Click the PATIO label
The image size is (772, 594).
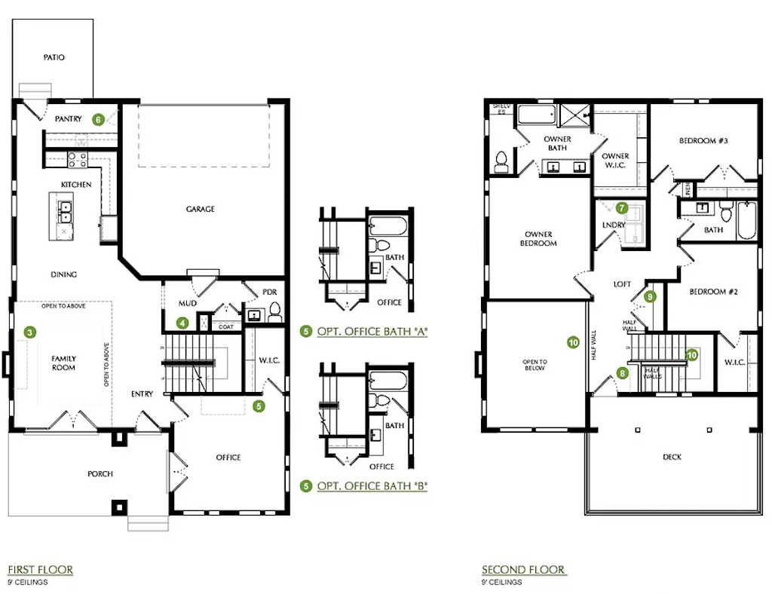click(x=54, y=57)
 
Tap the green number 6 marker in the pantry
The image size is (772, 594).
click(x=98, y=119)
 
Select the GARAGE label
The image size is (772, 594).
click(x=201, y=210)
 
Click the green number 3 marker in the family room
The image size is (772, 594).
click(x=29, y=332)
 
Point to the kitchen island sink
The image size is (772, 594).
click(x=66, y=211)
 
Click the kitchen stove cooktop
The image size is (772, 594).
click(x=77, y=159)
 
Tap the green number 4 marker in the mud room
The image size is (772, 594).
click(x=182, y=323)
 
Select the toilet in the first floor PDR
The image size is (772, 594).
click(x=274, y=309)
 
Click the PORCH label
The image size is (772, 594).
click(x=100, y=473)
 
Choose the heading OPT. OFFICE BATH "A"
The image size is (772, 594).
click(x=372, y=331)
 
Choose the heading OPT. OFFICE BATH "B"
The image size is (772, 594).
click(x=372, y=486)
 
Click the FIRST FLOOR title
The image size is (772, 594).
click(x=40, y=570)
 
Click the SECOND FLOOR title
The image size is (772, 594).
click(x=524, y=570)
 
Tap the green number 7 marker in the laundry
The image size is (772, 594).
click(x=622, y=207)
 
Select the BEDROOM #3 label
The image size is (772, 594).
click(x=703, y=141)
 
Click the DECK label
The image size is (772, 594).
click(x=672, y=457)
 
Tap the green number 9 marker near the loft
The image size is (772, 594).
click(x=651, y=297)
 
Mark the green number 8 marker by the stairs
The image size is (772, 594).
click(x=622, y=372)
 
